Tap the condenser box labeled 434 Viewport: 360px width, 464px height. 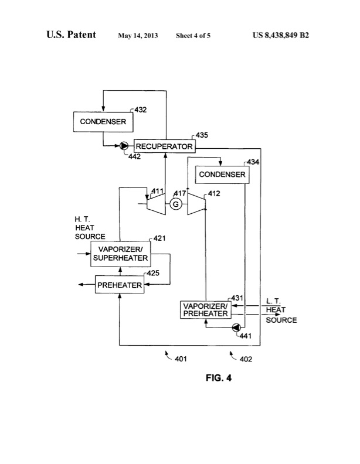(x=220, y=175)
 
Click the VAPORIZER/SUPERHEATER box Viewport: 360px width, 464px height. (x=120, y=255)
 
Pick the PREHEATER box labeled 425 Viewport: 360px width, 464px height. (x=120, y=285)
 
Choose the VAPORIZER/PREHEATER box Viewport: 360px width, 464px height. (x=205, y=309)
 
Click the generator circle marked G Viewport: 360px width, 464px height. (x=175, y=204)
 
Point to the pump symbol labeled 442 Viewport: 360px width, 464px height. (x=124, y=146)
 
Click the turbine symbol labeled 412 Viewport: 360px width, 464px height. (x=194, y=204)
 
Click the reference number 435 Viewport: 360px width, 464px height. (x=202, y=135)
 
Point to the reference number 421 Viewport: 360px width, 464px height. (x=159, y=238)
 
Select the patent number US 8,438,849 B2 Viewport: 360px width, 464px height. (x=281, y=35)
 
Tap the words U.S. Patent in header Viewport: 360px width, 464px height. (x=72, y=35)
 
